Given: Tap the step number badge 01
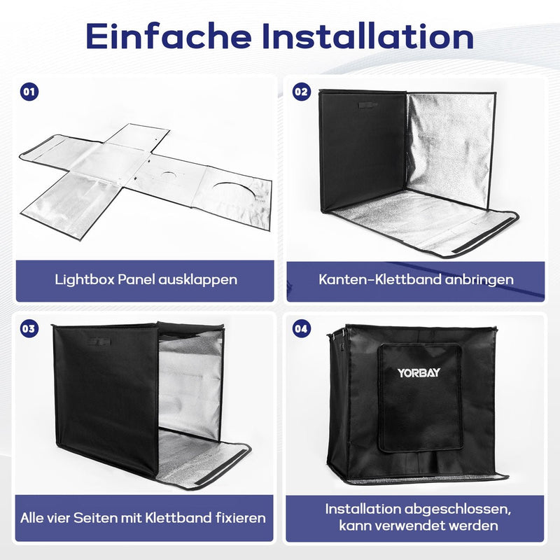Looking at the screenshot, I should pyautogui.click(x=29, y=92).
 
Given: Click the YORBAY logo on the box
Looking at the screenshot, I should pyautogui.click(x=419, y=372).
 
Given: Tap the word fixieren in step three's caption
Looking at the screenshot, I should pyautogui.click(x=239, y=519).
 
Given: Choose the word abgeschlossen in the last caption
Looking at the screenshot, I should pyautogui.click(x=460, y=508).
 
